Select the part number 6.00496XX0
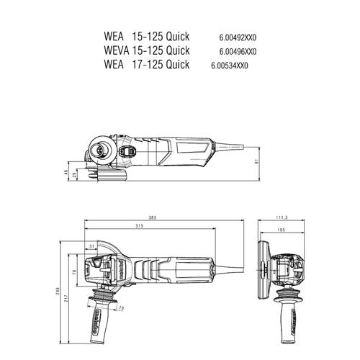click(238, 51)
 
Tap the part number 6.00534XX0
click(230, 66)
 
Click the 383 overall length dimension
click(153, 217)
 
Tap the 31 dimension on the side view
click(91, 246)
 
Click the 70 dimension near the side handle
click(120, 309)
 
